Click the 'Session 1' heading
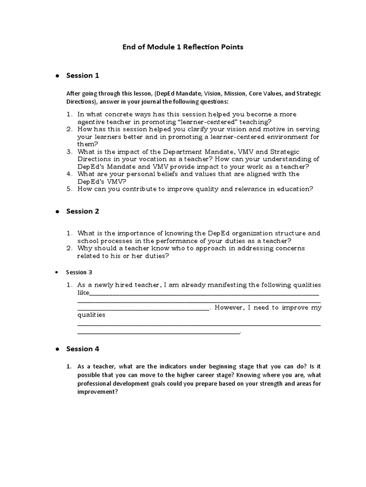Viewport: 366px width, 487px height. tap(82, 75)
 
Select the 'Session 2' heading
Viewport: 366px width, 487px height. tap(82, 211)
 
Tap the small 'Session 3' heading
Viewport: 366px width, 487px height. tap(79, 273)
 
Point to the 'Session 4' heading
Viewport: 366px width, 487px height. tap(82, 349)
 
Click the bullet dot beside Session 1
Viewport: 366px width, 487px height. tap(57, 76)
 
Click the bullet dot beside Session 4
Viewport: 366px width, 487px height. tap(57, 349)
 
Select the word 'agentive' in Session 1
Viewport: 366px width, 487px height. tap(92, 122)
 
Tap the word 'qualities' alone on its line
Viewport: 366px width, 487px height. tap(91, 315)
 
